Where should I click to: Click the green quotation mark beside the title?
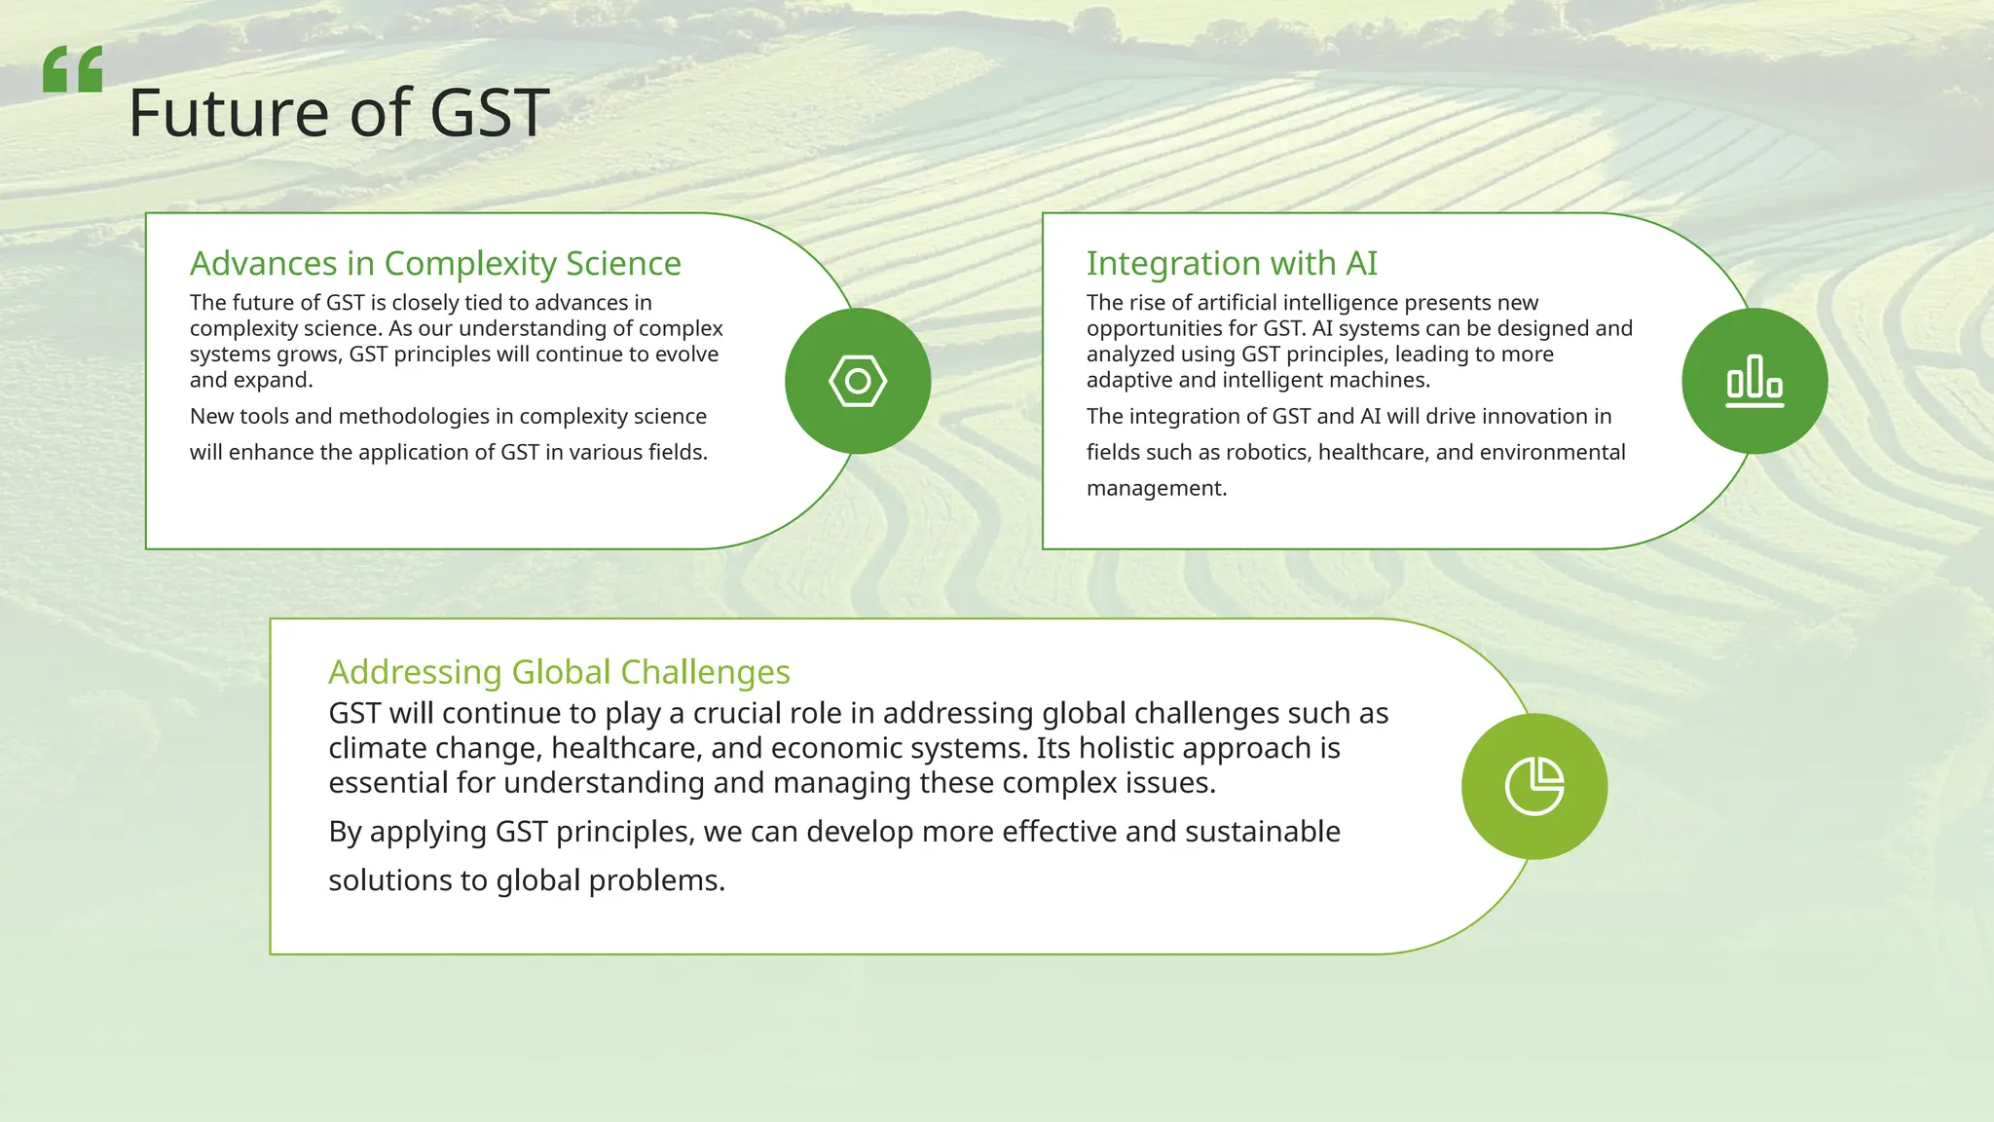(x=72, y=69)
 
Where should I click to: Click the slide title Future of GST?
(x=338, y=113)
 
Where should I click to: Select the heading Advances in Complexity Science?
(x=435, y=263)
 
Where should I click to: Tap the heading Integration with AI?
(x=1232, y=263)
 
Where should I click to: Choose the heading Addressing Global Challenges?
(x=559, y=672)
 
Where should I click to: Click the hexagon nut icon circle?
(x=858, y=381)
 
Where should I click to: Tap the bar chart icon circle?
(x=1754, y=381)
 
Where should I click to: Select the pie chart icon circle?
(x=1534, y=786)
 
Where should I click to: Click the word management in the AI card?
(x=1155, y=488)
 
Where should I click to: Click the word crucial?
(x=736, y=713)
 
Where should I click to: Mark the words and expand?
(x=250, y=380)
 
